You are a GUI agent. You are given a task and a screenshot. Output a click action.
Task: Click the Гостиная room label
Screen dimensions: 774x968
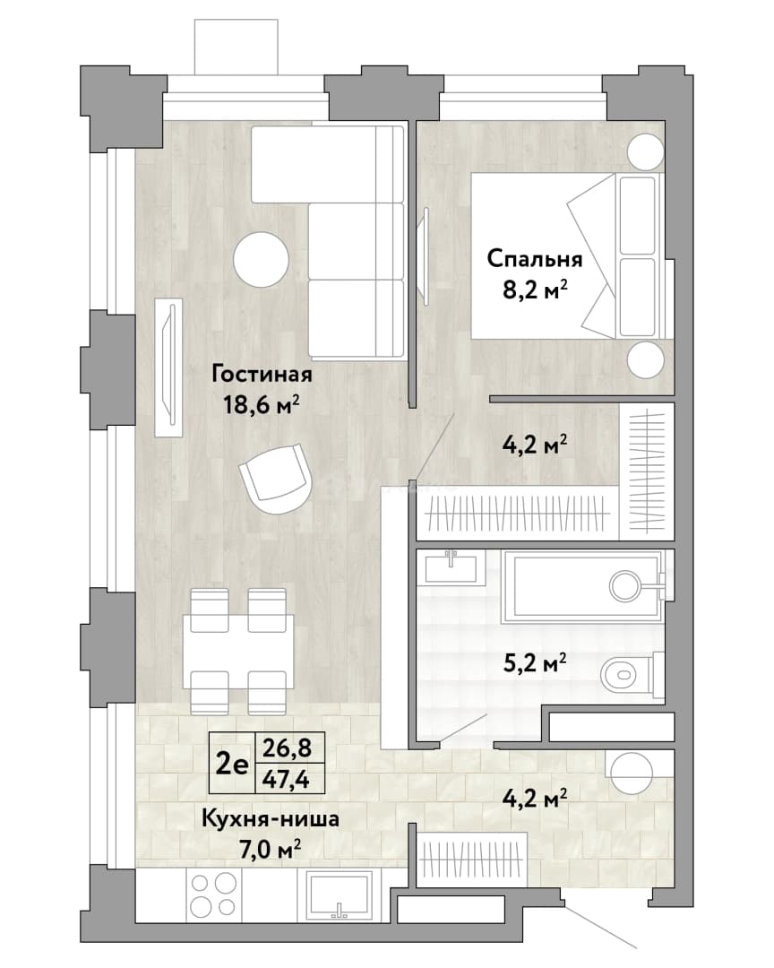[262, 374]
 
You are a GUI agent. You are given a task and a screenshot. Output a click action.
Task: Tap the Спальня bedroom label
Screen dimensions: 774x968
[535, 259]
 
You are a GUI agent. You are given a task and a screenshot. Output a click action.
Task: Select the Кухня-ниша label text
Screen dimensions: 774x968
[271, 819]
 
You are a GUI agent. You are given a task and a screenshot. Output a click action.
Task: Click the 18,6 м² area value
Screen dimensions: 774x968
[262, 405]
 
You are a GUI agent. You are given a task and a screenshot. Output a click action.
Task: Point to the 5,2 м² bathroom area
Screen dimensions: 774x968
[535, 664]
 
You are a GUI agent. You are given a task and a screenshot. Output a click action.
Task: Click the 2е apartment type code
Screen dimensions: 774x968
[232, 765]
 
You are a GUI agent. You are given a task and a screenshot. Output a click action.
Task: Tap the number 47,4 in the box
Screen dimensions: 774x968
[286, 781]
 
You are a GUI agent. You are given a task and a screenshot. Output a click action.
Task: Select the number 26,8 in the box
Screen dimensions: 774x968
[287, 748]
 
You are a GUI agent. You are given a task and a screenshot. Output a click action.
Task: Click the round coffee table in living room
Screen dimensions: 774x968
[261, 259]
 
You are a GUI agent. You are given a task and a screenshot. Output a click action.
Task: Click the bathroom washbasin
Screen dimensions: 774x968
[451, 566]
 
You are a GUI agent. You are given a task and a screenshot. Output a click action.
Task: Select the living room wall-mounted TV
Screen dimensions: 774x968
[169, 368]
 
